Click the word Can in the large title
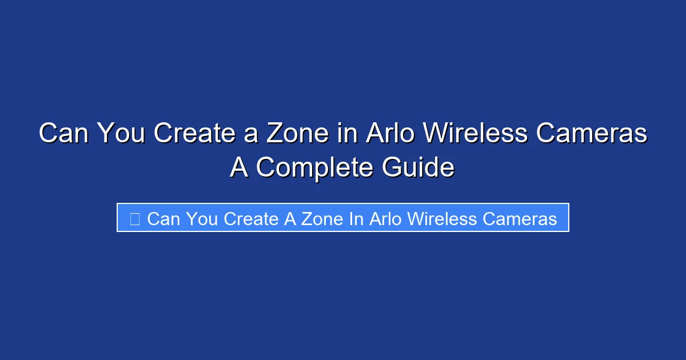point(63,134)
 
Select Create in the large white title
point(193,134)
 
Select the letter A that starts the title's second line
point(239,168)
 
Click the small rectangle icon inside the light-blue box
point(135,218)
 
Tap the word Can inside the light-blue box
point(163,218)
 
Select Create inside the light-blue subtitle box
point(250,218)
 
